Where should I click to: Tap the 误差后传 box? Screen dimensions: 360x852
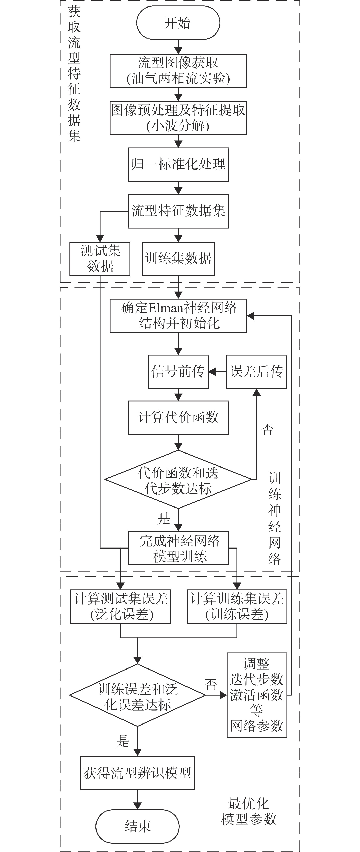point(256,372)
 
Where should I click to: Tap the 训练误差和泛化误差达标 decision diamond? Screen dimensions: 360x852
point(137,695)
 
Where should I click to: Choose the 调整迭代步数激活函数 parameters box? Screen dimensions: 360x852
point(257,695)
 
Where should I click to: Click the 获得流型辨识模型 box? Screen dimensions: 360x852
point(137,773)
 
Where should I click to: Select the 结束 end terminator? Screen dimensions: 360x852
point(137,826)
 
